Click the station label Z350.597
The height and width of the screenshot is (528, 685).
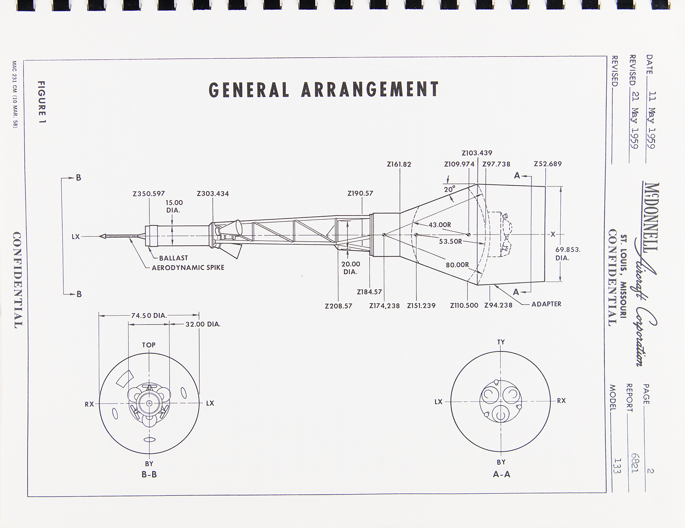click(x=149, y=194)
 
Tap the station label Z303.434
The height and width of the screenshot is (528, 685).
click(x=213, y=194)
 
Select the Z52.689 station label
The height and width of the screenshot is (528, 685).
click(x=548, y=164)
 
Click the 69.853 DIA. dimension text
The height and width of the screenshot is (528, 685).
click(x=568, y=254)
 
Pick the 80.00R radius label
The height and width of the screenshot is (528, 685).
click(x=457, y=265)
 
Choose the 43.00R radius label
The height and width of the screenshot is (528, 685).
click(x=440, y=225)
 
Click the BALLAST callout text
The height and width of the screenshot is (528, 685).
click(x=173, y=258)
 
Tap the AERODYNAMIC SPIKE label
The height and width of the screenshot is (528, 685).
click(x=188, y=268)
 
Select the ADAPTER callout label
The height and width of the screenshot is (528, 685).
click(x=546, y=304)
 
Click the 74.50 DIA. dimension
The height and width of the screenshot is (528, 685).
click(x=149, y=315)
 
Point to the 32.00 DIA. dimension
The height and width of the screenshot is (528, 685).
click(x=203, y=324)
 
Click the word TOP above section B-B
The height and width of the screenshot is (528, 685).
click(x=149, y=345)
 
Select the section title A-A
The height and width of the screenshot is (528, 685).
click(x=501, y=474)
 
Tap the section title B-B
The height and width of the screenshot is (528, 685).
click(x=149, y=475)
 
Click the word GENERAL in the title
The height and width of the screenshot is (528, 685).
click(x=249, y=90)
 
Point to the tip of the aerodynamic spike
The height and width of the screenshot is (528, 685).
click(x=99, y=236)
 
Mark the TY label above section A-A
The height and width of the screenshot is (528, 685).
click(x=501, y=342)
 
